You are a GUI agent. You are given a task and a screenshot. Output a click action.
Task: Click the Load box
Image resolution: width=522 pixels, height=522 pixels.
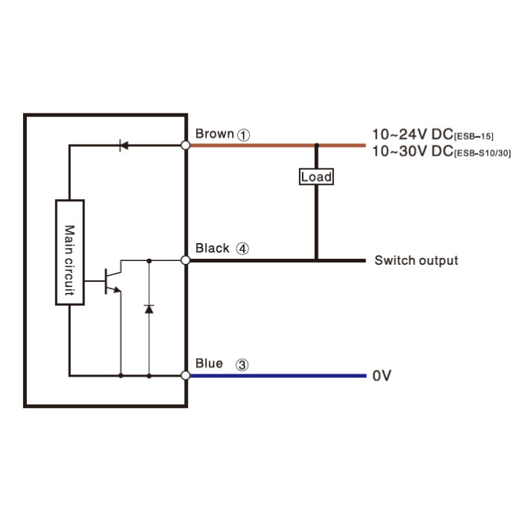tap(316, 177)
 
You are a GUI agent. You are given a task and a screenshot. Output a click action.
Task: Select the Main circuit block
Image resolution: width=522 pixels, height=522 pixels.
tap(70, 252)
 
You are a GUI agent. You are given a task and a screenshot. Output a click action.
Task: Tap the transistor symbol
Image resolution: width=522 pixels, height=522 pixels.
tap(113, 281)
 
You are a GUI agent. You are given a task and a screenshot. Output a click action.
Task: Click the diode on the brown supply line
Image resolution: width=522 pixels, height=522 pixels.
tap(124, 145)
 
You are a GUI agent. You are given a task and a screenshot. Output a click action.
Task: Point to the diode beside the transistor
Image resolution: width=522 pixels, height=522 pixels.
tap(149, 309)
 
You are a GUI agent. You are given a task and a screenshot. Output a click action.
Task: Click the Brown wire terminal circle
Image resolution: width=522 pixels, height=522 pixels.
tap(186, 145)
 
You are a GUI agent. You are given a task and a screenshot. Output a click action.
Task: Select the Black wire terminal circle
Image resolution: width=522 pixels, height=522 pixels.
tap(186, 260)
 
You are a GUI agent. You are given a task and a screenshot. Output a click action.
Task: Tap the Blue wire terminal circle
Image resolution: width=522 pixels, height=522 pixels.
tap(186, 376)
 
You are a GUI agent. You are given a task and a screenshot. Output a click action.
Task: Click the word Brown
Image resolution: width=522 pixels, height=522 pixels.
tap(215, 133)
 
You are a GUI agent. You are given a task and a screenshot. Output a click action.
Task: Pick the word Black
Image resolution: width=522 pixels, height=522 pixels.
tap(213, 248)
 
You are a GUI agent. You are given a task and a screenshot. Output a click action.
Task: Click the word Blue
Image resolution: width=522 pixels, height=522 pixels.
tap(209, 364)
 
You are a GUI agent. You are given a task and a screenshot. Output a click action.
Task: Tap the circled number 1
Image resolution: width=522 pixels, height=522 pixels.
tap(243, 135)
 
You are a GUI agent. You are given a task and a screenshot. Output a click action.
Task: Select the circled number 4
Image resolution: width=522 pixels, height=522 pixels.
tap(242, 248)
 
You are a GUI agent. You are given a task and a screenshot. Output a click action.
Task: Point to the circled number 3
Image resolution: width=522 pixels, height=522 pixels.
tap(242, 365)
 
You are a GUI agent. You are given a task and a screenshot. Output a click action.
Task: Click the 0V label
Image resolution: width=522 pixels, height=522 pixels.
tap(382, 376)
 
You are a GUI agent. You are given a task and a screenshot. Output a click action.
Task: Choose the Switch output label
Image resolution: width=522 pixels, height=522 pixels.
tap(416, 260)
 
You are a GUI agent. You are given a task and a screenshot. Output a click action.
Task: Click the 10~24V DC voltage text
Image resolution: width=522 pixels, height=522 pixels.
tap(412, 134)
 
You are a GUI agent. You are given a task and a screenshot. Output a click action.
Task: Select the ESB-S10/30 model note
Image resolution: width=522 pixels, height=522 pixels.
tap(482, 153)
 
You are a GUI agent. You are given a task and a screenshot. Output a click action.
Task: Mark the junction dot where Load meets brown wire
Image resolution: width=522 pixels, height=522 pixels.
tap(317, 145)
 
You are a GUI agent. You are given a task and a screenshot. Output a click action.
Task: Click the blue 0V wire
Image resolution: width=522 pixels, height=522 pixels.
tap(278, 376)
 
